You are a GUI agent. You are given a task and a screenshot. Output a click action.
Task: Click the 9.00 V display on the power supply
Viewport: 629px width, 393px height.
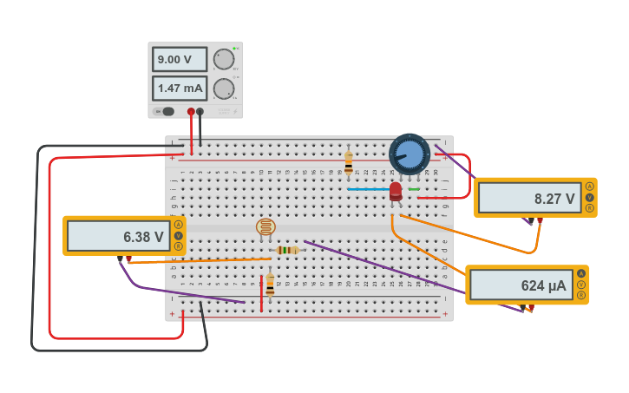point(180,59)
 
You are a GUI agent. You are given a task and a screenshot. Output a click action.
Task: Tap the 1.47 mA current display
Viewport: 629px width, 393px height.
point(180,88)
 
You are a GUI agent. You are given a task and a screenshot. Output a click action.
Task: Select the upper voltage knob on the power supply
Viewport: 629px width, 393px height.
point(224,59)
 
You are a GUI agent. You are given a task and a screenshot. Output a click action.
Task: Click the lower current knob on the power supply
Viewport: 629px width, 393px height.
point(224,88)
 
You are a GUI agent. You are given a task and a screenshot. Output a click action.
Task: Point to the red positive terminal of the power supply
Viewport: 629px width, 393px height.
point(191,111)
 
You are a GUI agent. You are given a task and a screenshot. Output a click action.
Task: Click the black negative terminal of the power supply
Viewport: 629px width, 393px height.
point(200,111)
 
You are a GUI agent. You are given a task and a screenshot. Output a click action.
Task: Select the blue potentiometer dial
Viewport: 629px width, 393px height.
point(410,154)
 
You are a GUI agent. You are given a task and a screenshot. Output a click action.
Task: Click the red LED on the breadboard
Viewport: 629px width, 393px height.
point(396,191)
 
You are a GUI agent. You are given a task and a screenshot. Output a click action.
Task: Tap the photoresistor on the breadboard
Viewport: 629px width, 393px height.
point(265,227)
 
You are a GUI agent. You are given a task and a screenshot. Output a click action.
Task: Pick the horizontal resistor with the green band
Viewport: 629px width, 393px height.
point(286,250)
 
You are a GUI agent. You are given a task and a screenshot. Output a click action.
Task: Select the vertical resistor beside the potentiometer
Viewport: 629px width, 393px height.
point(349,162)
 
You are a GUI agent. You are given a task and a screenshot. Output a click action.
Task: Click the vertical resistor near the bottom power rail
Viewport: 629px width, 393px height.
point(270,285)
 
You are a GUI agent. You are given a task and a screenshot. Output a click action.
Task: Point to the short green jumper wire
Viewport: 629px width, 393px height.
point(414,189)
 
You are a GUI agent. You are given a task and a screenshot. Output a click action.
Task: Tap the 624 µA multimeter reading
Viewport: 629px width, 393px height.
point(521,285)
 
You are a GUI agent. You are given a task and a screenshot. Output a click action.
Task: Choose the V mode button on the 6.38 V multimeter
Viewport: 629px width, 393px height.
point(179,235)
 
